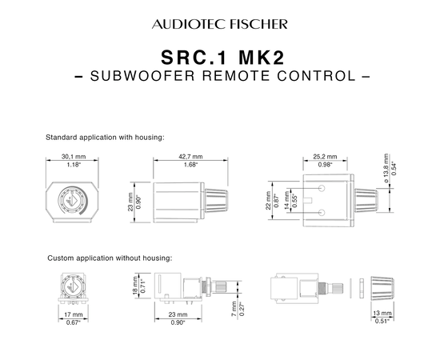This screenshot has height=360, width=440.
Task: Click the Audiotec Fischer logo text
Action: tap(220, 24)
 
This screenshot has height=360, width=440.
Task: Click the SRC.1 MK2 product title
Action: tap(223, 58)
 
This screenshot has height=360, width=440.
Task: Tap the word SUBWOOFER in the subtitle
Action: tap(142, 76)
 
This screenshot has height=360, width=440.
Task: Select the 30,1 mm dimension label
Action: tap(74, 156)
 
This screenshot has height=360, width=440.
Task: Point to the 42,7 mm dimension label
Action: tap(190, 156)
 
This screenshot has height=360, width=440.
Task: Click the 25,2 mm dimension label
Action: tap(325, 156)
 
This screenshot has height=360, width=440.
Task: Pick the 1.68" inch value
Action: tap(190, 165)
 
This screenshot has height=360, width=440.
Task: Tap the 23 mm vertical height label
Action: tap(130, 202)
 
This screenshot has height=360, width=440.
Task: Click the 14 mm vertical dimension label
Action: tap(286, 200)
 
